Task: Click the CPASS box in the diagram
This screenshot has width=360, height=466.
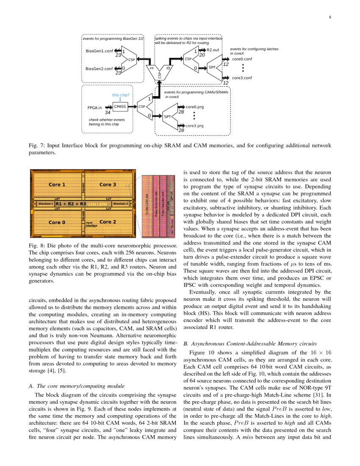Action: click(x=120, y=107)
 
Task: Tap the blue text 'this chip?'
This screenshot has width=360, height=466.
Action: click(x=121, y=95)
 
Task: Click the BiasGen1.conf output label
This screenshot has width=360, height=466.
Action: click(x=100, y=51)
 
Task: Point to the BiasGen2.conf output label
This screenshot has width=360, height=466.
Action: click(x=100, y=69)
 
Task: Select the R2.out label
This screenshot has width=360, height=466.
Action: click(x=212, y=50)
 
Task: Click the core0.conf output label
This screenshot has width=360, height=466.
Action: click(x=242, y=59)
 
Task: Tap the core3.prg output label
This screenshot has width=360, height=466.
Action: click(x=195, y=126)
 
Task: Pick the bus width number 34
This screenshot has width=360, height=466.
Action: click(x=108, y=113)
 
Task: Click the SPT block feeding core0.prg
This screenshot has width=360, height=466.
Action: click(x=167, y=116)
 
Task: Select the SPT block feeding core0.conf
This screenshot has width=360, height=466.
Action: click(x=212, y=68)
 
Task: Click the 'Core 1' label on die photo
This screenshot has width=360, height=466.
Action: click(x=57, y=185)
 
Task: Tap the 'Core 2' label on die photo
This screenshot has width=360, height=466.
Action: click(x=108, y=222)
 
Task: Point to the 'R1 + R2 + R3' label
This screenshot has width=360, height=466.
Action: click(x=71, y=204)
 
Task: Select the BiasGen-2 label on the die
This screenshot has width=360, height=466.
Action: click(x=121, y=204)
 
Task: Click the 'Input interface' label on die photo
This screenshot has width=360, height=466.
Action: click(x=92, y=224)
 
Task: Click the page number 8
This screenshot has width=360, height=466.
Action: click(x=330, y=17)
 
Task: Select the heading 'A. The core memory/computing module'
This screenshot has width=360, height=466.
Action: click(x=76, y=386)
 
